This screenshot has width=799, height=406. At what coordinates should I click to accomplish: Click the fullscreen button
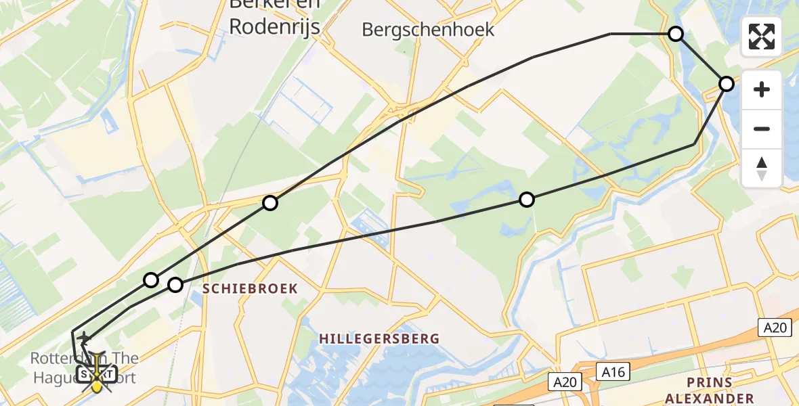coord(762,37)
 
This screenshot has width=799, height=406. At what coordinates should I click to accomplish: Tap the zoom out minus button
coord(762,129)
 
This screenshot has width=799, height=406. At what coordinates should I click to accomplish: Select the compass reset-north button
coord(762,168)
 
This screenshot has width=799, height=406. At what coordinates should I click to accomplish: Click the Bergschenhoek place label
coord(428,30)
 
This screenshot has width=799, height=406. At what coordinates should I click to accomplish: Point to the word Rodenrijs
coord(274,26)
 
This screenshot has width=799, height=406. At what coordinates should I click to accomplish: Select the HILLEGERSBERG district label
coord(379,338)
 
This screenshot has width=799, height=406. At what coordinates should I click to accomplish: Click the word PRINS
coord(709,383)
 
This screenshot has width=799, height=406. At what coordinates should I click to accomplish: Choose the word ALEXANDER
coord(709,399)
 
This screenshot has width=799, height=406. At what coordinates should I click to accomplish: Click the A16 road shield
coord(613,371)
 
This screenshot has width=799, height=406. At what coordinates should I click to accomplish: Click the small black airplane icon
coord(85,338)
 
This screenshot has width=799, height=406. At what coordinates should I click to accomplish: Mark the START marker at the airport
coord(96,374)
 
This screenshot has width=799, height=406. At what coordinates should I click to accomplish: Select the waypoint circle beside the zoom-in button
coord(726,84)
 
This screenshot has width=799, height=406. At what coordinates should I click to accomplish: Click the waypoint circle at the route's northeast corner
coord(676,34)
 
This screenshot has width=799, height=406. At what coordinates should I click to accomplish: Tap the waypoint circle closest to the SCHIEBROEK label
coord(175,285)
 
